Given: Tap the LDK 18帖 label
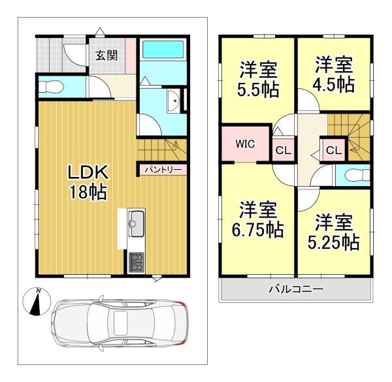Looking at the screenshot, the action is [88, 182].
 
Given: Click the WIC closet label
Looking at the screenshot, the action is [245, 144].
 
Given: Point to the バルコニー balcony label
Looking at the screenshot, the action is [296, 289].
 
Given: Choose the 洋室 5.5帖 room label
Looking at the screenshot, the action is [258, 79].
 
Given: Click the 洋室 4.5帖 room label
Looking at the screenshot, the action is [334, 74].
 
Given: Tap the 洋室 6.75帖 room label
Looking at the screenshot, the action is [258, 219].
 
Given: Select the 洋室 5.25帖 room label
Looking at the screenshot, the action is [334, 232].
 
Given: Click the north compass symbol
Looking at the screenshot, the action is [37, 302].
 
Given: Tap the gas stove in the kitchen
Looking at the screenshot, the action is [137, 263].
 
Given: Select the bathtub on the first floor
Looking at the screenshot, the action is [163, 50].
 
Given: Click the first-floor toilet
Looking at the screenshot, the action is [52, 87].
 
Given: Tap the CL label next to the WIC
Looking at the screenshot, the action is [284, 150].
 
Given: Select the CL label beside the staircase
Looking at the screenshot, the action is [334, 150].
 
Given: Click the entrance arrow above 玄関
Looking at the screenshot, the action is [100, 31].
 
